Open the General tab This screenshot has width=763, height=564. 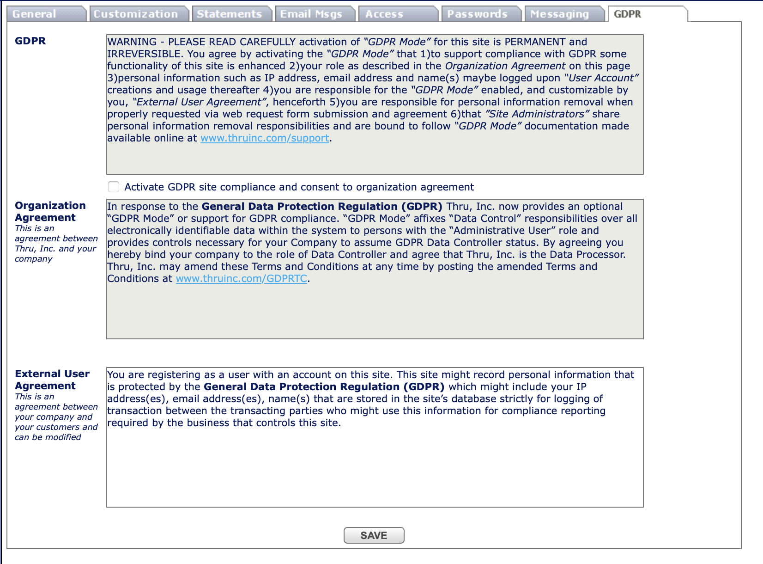(35, 14)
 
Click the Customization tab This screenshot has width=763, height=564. (136, 14)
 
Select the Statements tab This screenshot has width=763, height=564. (229, 14)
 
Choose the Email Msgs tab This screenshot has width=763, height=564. (311, 14)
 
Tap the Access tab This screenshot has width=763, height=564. (384, 14)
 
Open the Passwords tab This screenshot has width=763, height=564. (477, 14)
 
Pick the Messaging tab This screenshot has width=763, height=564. (560, 14)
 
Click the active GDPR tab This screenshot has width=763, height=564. (628, 14)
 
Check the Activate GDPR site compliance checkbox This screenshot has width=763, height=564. (114, 187)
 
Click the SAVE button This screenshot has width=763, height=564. (374, 535)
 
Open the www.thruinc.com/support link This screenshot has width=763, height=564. (265, 138)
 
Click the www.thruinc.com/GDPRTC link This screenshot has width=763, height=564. (242, 279)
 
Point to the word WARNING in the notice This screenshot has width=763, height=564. (132, 42)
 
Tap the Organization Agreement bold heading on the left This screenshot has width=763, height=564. (50, 211)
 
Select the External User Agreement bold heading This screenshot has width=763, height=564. (52, 380)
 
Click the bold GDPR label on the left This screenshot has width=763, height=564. (30, 41)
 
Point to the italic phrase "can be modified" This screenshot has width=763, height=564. (48, 437)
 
